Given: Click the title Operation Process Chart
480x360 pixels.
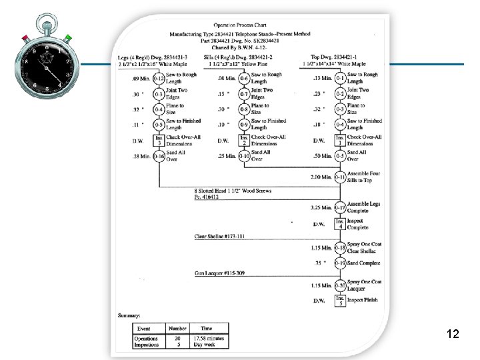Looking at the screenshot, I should [x=247, y=23].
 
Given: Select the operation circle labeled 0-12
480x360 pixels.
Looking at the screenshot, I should [x=159, y=79].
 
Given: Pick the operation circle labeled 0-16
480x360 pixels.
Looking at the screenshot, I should [x=159, y=157].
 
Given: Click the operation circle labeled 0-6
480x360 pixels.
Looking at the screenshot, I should [x=245, y=79].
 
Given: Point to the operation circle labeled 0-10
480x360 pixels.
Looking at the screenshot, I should [x=245, y=157].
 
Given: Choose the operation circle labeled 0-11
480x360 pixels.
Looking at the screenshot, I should [x=340, y=177].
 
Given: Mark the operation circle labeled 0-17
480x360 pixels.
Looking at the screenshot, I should [x=340, y=207].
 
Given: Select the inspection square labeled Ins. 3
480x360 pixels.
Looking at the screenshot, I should [x=159, y=141].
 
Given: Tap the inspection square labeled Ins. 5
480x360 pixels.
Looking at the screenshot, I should [x=340, y=301].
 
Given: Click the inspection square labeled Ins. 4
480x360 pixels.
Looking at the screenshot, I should [x=340, y=224].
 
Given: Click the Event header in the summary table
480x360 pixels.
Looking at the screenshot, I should [x=143, y=329].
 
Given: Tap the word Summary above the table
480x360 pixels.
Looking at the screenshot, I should [x=128, y=314].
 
